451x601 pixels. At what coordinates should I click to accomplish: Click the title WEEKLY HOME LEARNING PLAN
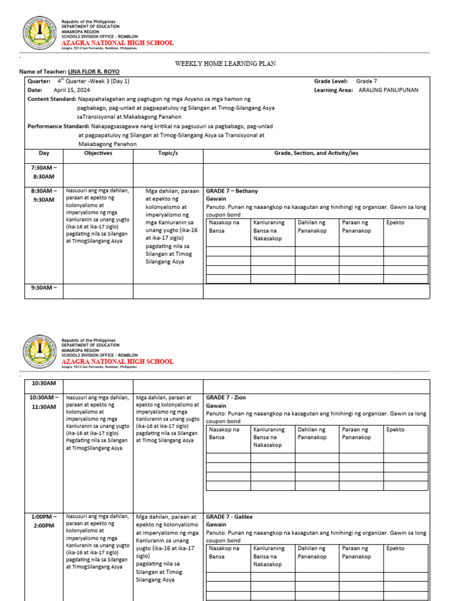(225, 63)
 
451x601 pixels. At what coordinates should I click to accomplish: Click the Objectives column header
(98, 153)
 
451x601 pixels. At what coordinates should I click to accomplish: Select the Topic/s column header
(167, 153)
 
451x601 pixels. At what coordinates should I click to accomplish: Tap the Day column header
(44, 153)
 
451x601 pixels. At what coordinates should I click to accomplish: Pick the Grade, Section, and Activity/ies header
(316, 153)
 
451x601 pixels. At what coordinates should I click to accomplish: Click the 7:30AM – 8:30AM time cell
(43, 172)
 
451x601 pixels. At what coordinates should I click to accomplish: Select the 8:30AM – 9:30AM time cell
(43, 195)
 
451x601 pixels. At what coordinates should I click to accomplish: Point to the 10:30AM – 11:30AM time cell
(43, 401)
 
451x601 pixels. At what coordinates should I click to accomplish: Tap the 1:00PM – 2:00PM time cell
(43, 521)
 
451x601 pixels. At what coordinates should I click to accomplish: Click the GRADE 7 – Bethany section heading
(231, 191)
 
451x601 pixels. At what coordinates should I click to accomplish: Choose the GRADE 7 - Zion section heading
(225, 398)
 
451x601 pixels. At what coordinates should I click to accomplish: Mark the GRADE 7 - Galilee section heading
(229, 517)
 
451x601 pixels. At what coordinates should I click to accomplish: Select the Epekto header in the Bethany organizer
(395, 223)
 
